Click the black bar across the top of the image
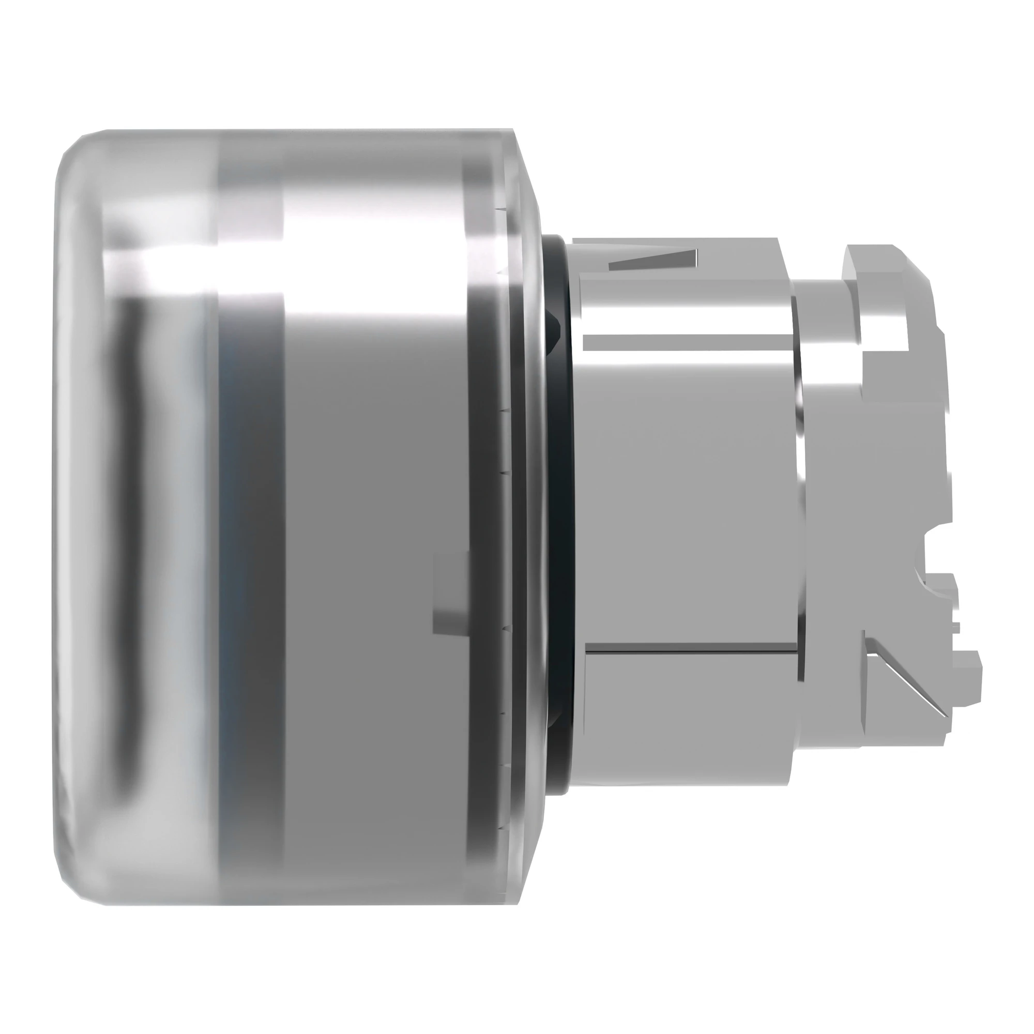point(517,41)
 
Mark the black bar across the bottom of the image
point(517,993)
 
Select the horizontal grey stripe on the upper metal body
point(685,343)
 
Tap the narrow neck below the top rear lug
point(824,305)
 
